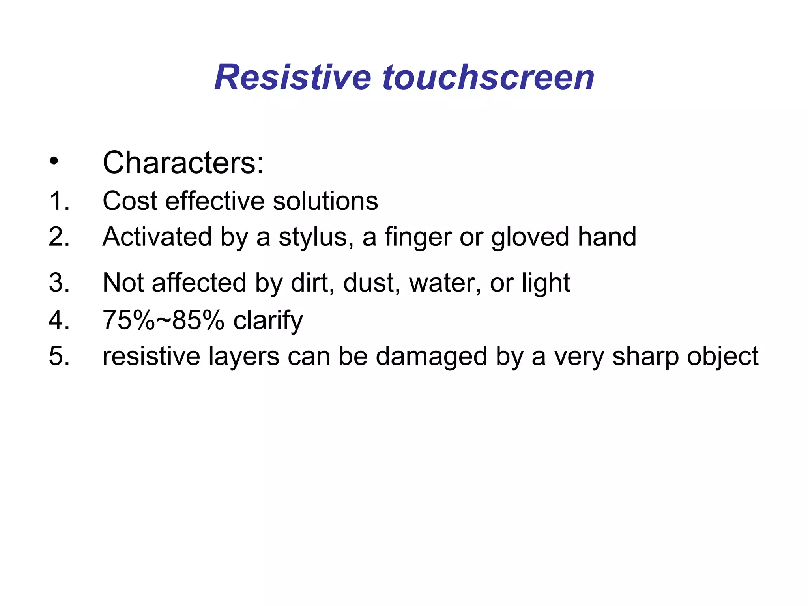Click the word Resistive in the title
(x=292, y=77)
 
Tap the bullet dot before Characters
(x=54, y=161)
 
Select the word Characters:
(x=183, y=163)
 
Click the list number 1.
(x=59, y=201)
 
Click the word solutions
(x=325, y=201)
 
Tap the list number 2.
(x=59, y=237)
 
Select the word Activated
(x=157, y=237)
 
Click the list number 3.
(x=59, y=283)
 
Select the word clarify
(x=268, y=321)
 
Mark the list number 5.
(x=59, y=356)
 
